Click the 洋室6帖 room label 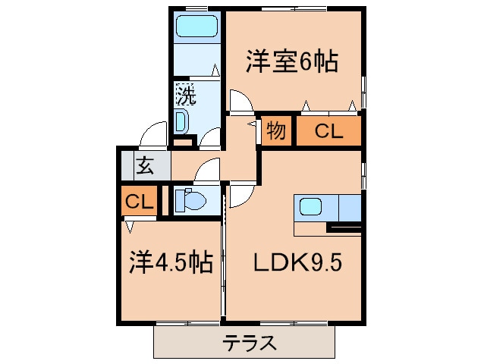(x=291, y=61)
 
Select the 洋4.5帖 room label (x=168, y=263)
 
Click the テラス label (x=249, y=344)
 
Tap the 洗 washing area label (x=186, y=96)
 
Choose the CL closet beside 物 (x=328, y=131)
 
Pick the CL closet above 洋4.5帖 (x=140, y=202)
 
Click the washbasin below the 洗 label (x=182, y=121)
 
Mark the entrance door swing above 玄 (x=154, y=133)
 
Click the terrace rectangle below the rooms (x=248, y=343)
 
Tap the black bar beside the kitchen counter (x=344, y=227)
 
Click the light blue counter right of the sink (x=350, y=206)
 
